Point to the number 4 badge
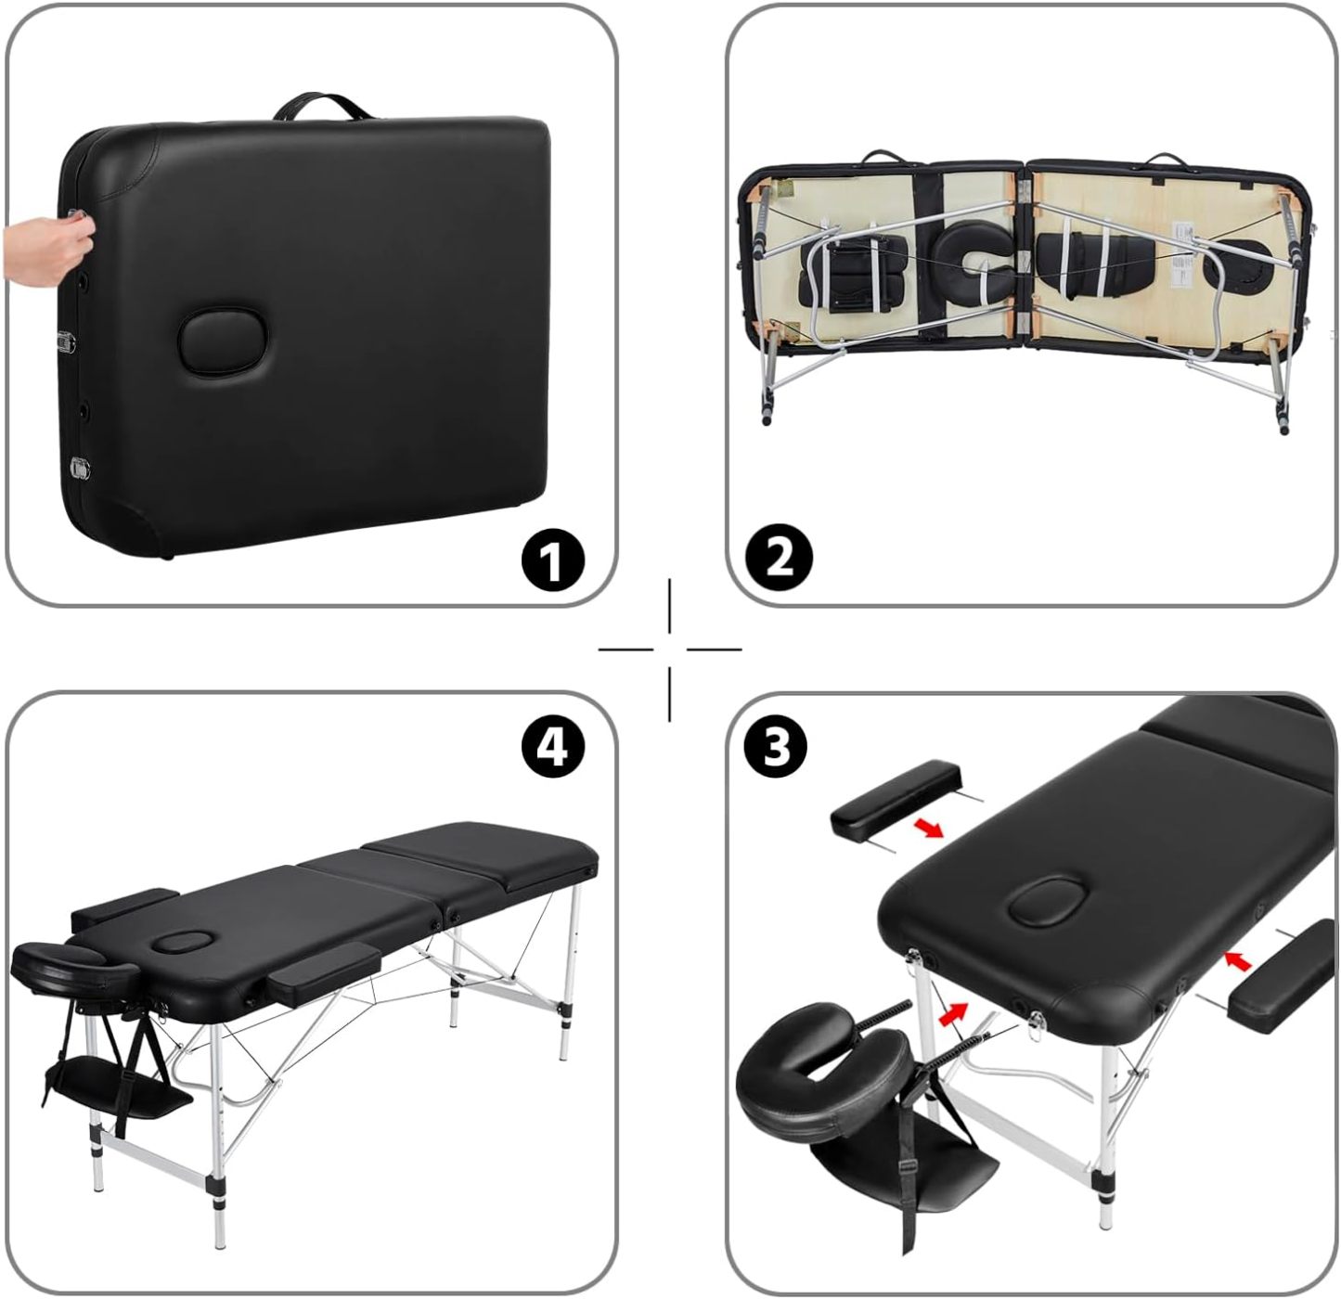tap(553, 746)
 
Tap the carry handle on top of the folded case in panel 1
tap(322, 107)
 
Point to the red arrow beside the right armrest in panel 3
tap(1238, 960)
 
